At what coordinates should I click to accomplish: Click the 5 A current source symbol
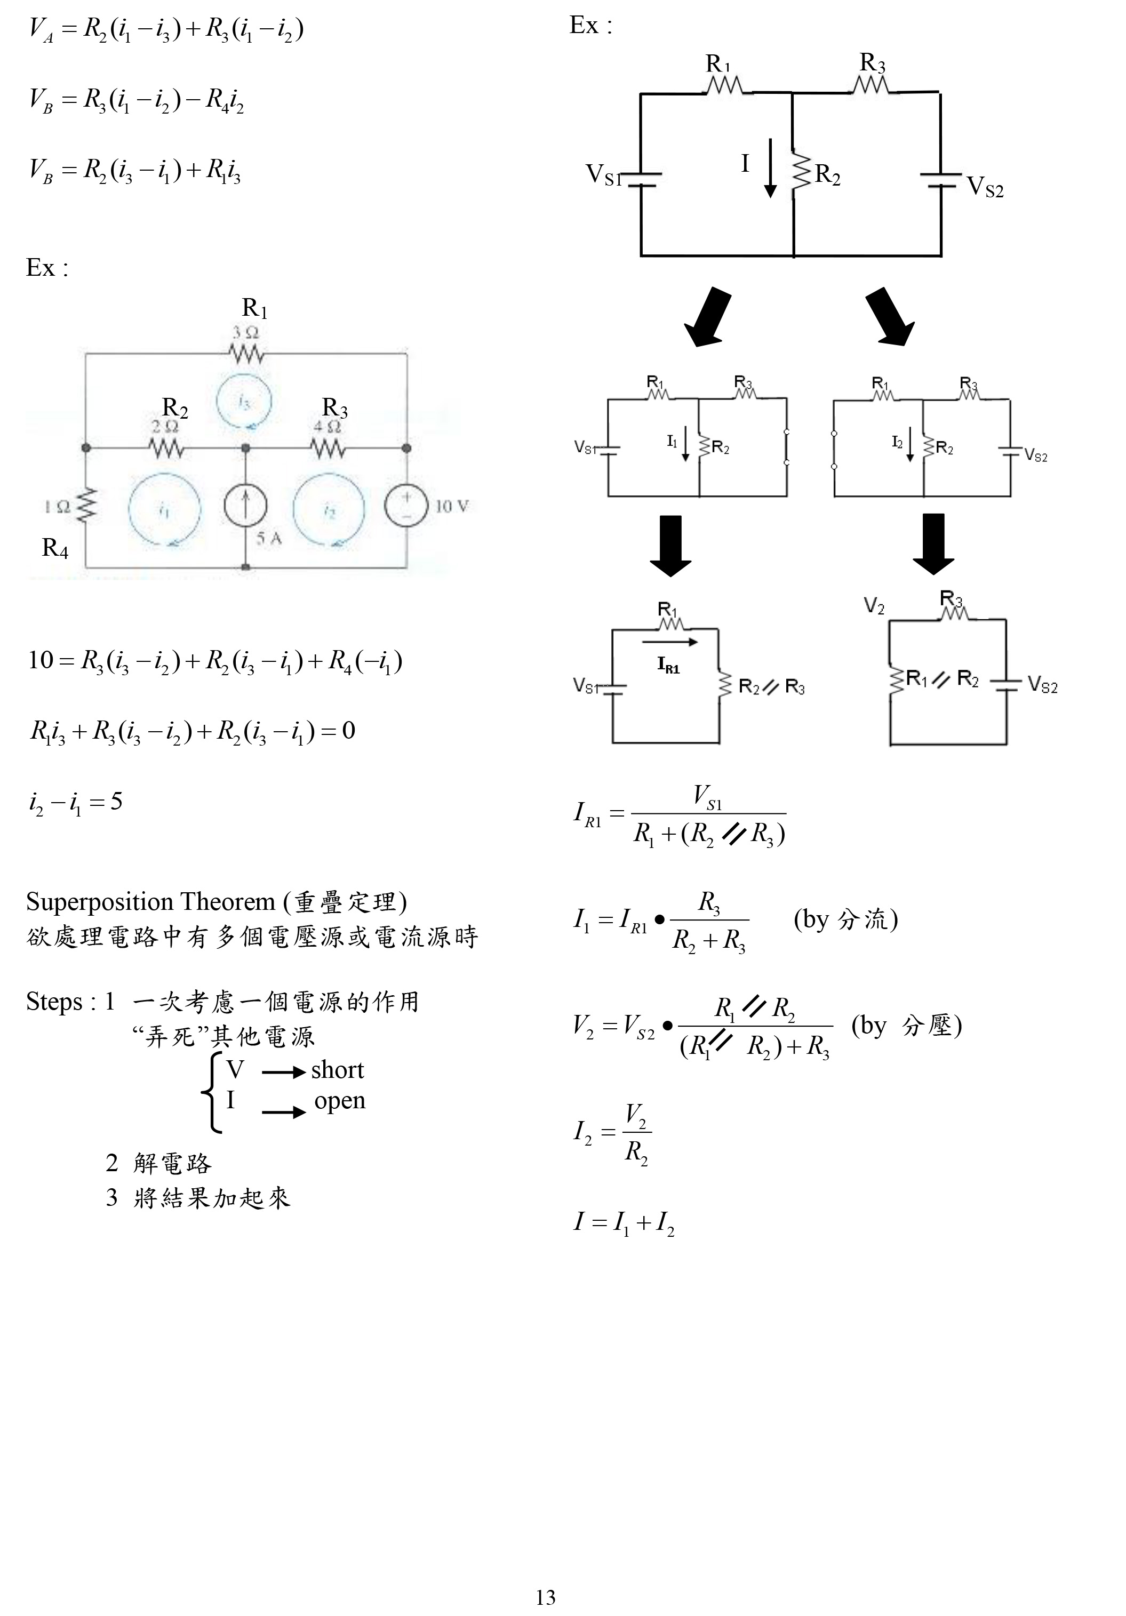(245, 506)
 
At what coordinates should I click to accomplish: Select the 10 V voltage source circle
(406, 506)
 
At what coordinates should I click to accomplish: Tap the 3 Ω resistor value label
(246, 332)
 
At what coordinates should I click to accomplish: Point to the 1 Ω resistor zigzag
(86, 506)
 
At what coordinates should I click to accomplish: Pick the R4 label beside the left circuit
(55, 548)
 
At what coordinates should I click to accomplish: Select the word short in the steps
(337, 1070)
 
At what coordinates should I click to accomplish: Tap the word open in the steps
(339, 1101)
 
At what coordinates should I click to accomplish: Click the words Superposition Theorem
(150, 902)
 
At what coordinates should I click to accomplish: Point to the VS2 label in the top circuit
(985, 187)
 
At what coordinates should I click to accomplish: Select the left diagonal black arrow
(707, 317)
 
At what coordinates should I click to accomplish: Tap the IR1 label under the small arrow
(668, 665)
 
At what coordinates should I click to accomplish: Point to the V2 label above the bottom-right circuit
(874, 606)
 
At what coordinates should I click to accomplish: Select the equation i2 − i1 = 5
(75, 802)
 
